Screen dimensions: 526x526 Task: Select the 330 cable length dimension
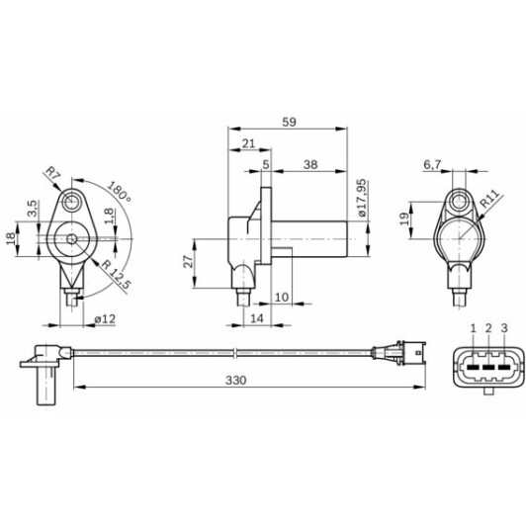(234, 379)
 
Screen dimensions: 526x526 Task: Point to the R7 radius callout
(53, 176)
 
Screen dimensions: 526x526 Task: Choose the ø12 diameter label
(106, 317)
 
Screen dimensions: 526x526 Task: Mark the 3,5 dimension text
(32, 208)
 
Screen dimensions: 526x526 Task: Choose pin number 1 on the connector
(474, 327)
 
